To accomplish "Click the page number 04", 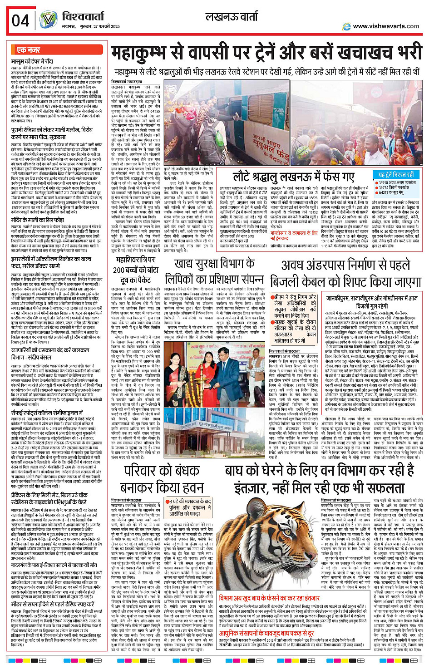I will click(20, 20).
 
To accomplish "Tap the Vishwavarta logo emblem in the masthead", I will click(48, 20).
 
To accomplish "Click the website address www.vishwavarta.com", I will click(386, 26).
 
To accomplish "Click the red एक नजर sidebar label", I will click(28, 50).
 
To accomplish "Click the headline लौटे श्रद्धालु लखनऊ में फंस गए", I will click(293, 177).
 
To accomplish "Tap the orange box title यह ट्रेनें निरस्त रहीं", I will click(396, 175).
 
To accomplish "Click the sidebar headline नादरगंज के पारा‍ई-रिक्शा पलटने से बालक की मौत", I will click(54, 565).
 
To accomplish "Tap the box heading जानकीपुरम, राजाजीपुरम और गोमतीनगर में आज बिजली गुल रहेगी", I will click(372, 302).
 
